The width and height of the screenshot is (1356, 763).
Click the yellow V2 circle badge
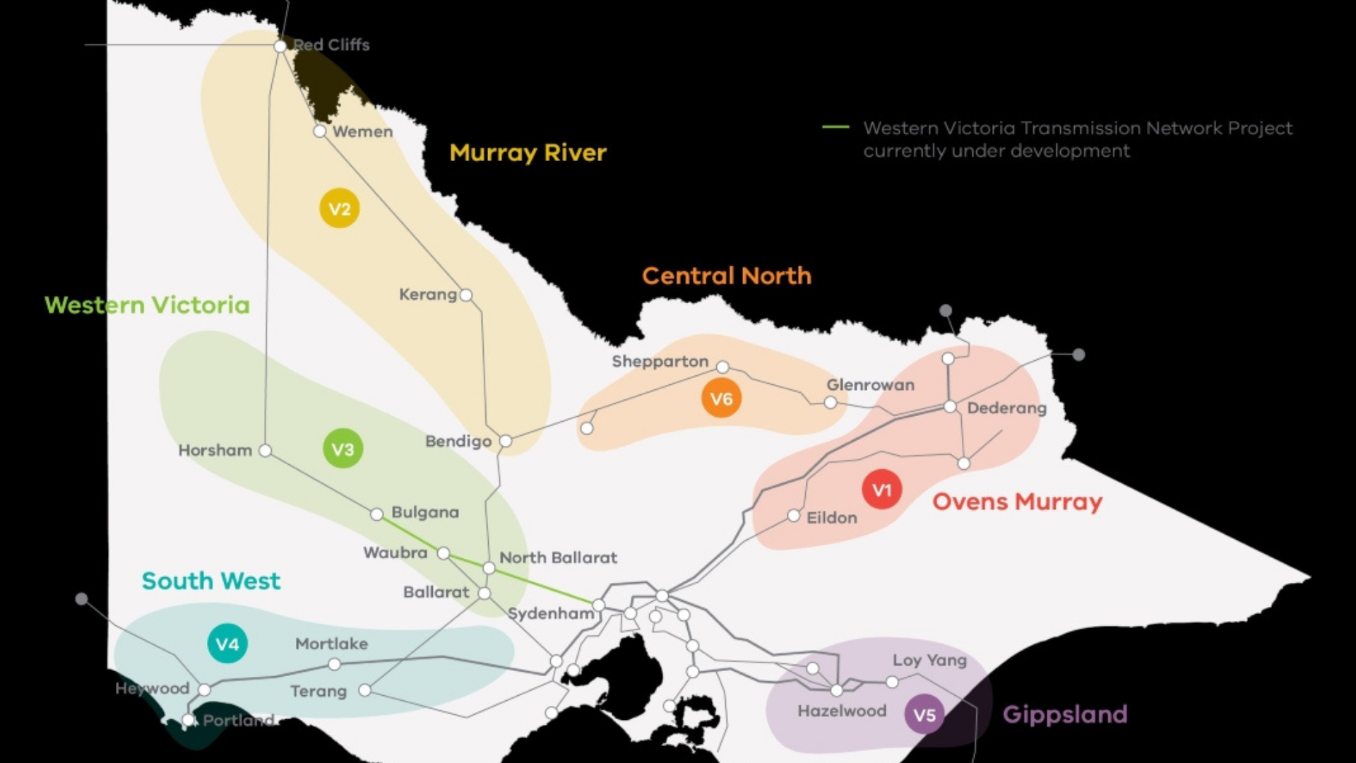(x=340, y=208)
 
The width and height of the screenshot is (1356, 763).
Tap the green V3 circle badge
(x=343, y=449)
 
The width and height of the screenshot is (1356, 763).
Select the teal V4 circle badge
(x=227, y=644)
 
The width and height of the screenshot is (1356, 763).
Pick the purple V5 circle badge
(x=924, y=714)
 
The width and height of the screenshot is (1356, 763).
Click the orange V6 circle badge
(x=721, y=398)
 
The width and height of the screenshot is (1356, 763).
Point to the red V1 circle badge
(x=882, y=490)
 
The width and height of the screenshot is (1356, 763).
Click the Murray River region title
(x=528, y=153)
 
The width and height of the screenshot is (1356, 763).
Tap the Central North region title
(x=727, y=276)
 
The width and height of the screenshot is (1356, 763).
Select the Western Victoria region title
(x=147, y=304)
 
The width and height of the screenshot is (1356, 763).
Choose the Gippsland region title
(x=1065, y=714)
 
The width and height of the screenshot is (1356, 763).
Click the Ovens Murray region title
(x=1017, y=502)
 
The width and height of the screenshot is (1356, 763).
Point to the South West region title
(x=210, y=581)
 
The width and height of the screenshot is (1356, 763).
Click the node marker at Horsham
(x=265, y=450)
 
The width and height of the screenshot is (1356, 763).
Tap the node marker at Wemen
(x=320, y=131)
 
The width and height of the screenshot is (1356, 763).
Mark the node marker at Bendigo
(x=506, y=441)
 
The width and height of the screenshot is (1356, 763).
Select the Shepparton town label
(x=660, y=361)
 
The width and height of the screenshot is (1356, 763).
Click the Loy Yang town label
(x=929, y=660)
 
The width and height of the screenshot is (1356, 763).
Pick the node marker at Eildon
(x=794, y=516)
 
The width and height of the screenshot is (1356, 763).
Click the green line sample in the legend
(x=835, y=127)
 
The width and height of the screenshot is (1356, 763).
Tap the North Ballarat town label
(x=558, y=557)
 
